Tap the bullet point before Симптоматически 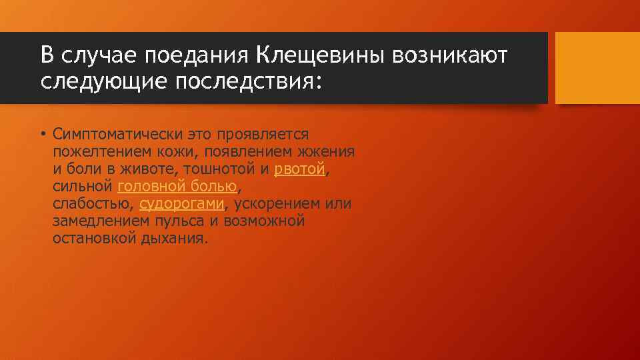pyautogui.click(x=42, y=135)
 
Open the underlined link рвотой pyautogui.click(x=299, y=169)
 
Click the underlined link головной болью pyautogui.click(x=177, y=187)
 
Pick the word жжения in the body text pyautogui.click(x=331, y=152)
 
